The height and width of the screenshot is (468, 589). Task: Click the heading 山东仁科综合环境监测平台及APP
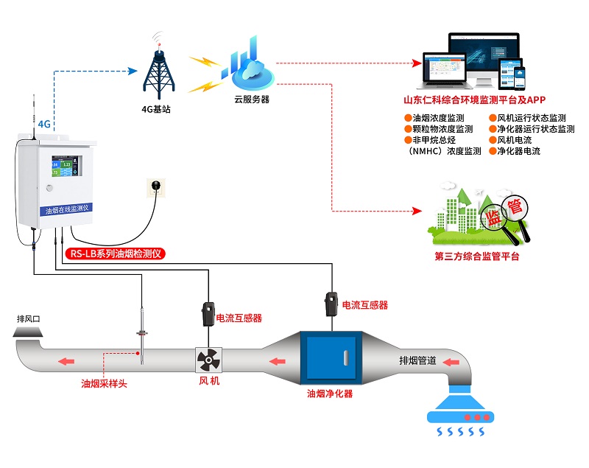[x=479, y=100]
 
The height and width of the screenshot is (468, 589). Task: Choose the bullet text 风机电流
[x=519, y=140]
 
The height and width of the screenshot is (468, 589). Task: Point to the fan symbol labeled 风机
[x=208, y=360]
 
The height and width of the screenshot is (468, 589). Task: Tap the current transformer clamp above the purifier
[x=331, y=305]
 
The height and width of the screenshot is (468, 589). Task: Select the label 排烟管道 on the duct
[x=417, y=361]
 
